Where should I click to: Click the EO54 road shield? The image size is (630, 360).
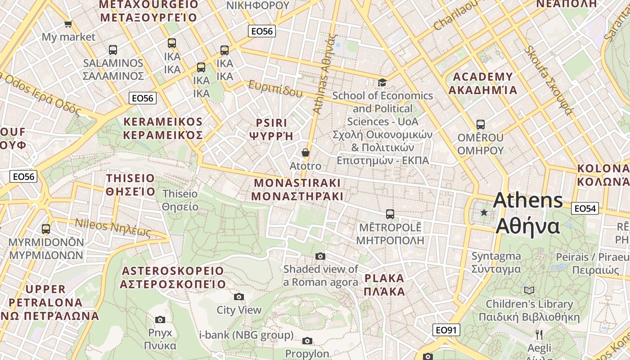[x=585, y=208]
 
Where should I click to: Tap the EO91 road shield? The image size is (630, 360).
[x=446, y=330]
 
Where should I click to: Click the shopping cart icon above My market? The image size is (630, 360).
[x=68, y=24]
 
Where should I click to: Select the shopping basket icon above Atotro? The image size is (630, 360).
[x=306, y=153]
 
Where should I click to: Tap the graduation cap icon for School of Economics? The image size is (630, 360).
[x=382, y=82]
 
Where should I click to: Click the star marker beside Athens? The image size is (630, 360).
[x=484, y=212]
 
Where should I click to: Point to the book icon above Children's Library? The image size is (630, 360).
[x=529, y=290]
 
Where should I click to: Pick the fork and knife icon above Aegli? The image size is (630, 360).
[x=539, y=334]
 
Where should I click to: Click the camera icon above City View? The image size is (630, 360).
[x=239, y=297]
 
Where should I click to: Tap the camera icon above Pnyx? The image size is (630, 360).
[x=160, y=319]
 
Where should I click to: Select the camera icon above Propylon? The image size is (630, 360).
[x=307, y=341]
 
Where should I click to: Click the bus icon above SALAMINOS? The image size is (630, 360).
[x=113, y=50]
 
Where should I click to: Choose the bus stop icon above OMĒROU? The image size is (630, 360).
[x=480, y=124]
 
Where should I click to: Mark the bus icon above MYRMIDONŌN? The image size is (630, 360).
[x=46, y=229]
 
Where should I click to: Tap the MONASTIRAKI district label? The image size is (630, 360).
[x=297, y=189]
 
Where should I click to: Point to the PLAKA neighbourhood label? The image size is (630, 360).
[x=384, y=284]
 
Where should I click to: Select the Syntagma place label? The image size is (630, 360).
[x=496, y=263]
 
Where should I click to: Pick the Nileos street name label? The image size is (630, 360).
[x=112, y=227]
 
